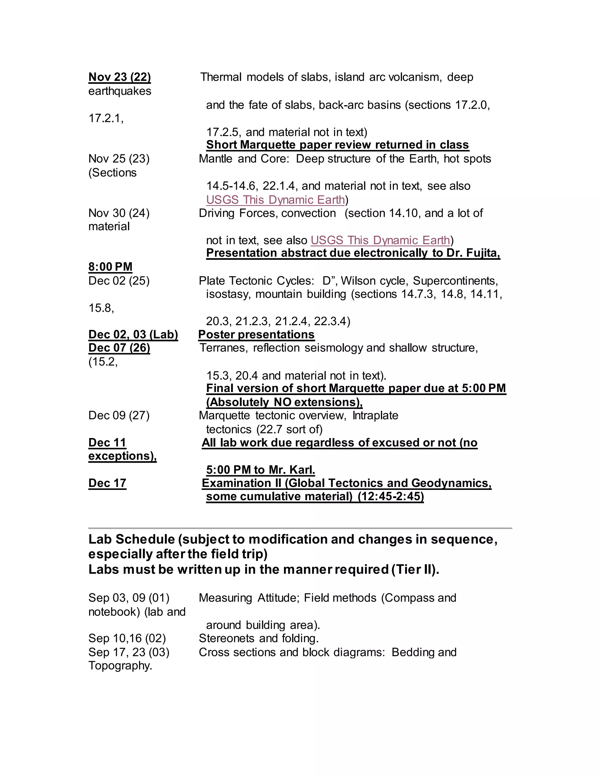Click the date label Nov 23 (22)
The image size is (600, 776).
pyautogui.click(x=120, y=77)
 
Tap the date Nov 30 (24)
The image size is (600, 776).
pyautogui.click(x=119, y=213)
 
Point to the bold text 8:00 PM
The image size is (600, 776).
pyautogui.click(x=110, y=266)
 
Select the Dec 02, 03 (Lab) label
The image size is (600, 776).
pyautogui.click(x=133, y=334)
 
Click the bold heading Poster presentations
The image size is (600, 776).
pyautogui.click(x=256, y=334)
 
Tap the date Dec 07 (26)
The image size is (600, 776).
pyautogui.click(x=119, y=348)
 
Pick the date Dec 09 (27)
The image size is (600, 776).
pyautogui.click(x=119, y=415)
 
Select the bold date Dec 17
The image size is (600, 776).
pyautogui.click(x=107, y=483)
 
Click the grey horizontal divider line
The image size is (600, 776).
pyautogui.click(x=300, y=528)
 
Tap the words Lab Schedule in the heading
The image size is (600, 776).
pyautogui.click(x=132, y=539)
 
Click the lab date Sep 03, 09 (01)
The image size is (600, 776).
pyautogui.click(x=129, y=598)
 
